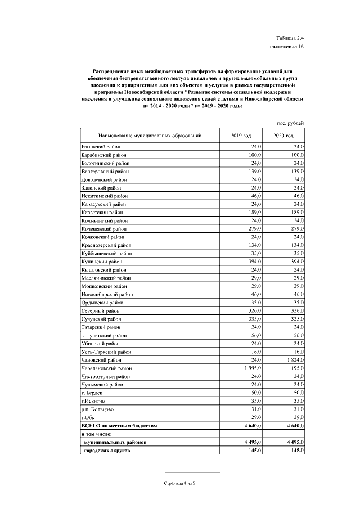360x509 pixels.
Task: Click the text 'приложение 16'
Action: click(x=286, y=47)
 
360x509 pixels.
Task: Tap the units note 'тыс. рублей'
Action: click(x=290, y=123)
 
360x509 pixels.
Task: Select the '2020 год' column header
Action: click(x=283, y=136)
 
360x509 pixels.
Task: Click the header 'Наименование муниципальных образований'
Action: click(x=150, y=136)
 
